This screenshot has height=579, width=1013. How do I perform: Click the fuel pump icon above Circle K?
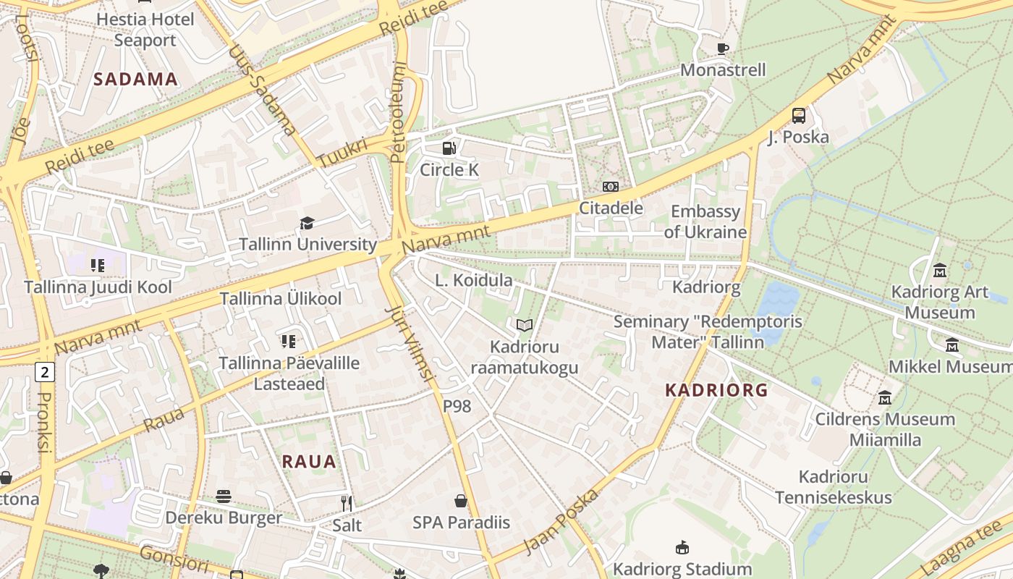click(449, 148)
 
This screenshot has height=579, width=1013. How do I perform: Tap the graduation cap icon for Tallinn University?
click(308, 223)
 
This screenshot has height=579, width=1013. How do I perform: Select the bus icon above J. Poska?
click(799, 116)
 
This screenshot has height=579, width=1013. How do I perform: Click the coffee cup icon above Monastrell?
click(722, 49)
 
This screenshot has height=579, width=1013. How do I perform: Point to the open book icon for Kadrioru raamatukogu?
click(525, 326)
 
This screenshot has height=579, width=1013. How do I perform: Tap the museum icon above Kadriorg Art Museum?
click(940, 271)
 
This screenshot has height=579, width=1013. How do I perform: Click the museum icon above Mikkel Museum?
click(952, 345)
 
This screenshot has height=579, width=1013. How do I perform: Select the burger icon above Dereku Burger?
click(224, 496)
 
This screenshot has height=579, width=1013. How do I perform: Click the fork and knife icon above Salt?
click(347, 503)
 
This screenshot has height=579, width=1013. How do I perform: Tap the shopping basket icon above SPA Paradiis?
click(461, 501)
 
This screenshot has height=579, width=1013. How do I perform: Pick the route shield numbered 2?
click(45, 373)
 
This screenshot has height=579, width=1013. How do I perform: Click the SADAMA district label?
click(136, 80)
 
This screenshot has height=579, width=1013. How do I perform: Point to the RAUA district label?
click(309, 461)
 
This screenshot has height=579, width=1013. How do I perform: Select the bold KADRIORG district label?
click(716, 390)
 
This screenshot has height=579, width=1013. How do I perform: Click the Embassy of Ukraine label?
click(705, 221)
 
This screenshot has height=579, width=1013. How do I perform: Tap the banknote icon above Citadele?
click(611, 187)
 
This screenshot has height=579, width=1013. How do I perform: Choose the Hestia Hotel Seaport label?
click(145, 30)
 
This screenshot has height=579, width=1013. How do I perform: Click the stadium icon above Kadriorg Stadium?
click(682, 547)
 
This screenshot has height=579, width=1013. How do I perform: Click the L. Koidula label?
click(474, 280)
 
